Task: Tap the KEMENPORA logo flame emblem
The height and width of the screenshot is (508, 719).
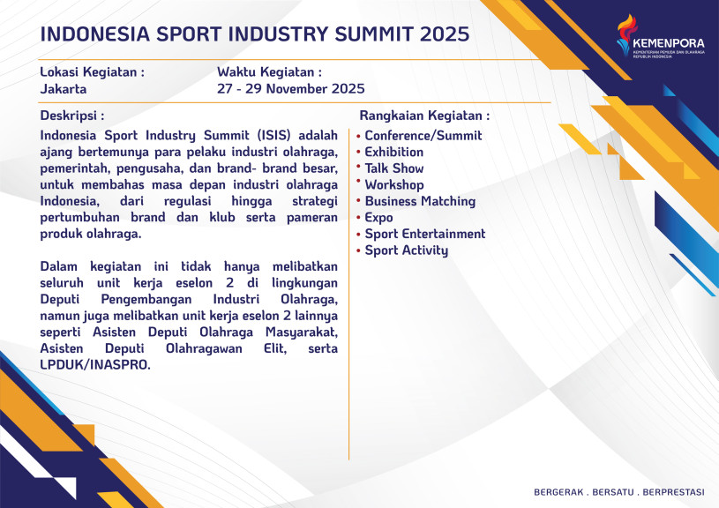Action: tap(626, 35)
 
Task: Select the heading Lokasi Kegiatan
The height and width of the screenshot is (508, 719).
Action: tap(92, 72)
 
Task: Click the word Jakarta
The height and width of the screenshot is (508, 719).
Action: tap(64, 88)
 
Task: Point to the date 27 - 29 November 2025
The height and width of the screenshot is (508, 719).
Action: tap(291, 88)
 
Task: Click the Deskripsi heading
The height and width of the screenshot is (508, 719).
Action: tap(72, 116)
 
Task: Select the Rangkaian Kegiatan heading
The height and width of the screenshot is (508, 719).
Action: tap(424, 116)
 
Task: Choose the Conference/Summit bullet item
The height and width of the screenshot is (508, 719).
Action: tap(423, 136)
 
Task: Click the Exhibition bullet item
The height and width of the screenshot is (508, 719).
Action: tap(393, 152)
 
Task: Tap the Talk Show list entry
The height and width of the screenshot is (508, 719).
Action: tap(393, 168)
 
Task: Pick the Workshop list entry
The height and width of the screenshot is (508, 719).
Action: tap(393, 185)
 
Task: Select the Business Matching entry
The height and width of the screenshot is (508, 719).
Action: tap(420, 201)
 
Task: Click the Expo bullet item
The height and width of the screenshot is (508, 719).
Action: tap(378, 218)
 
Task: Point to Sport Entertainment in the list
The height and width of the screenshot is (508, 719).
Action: tap(425, 234)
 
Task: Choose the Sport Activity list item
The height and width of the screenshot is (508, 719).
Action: tap(407, 250)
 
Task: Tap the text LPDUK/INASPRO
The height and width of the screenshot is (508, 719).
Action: tap(95, 365)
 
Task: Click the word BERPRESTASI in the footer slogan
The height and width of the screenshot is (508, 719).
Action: tap(674, 492)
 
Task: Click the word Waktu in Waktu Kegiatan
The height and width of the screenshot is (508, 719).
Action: tap(236, 72)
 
